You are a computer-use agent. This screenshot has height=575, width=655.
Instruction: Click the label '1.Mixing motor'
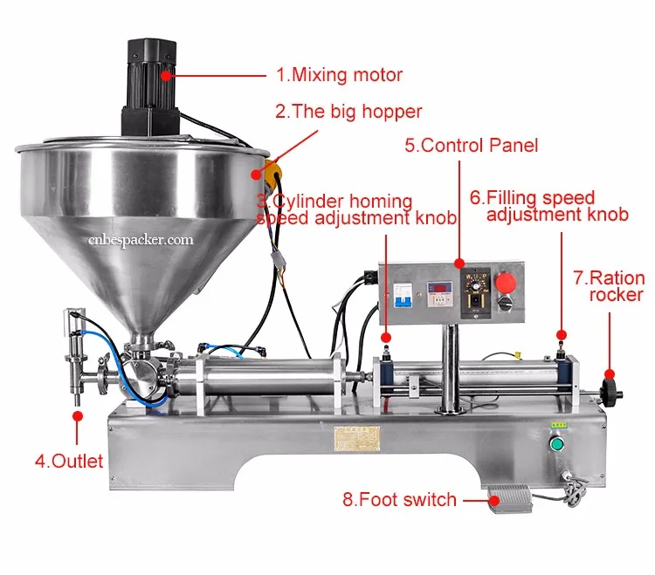click(339, 75)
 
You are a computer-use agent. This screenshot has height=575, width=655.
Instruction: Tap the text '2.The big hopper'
click(348, 112)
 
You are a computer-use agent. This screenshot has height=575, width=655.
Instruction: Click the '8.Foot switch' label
click(399, 500)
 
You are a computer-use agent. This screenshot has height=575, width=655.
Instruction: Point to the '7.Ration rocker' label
click(609, 287)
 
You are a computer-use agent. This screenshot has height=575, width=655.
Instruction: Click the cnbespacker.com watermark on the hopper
click(141, 237)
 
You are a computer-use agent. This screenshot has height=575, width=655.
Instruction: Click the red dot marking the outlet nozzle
click(78, 417)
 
